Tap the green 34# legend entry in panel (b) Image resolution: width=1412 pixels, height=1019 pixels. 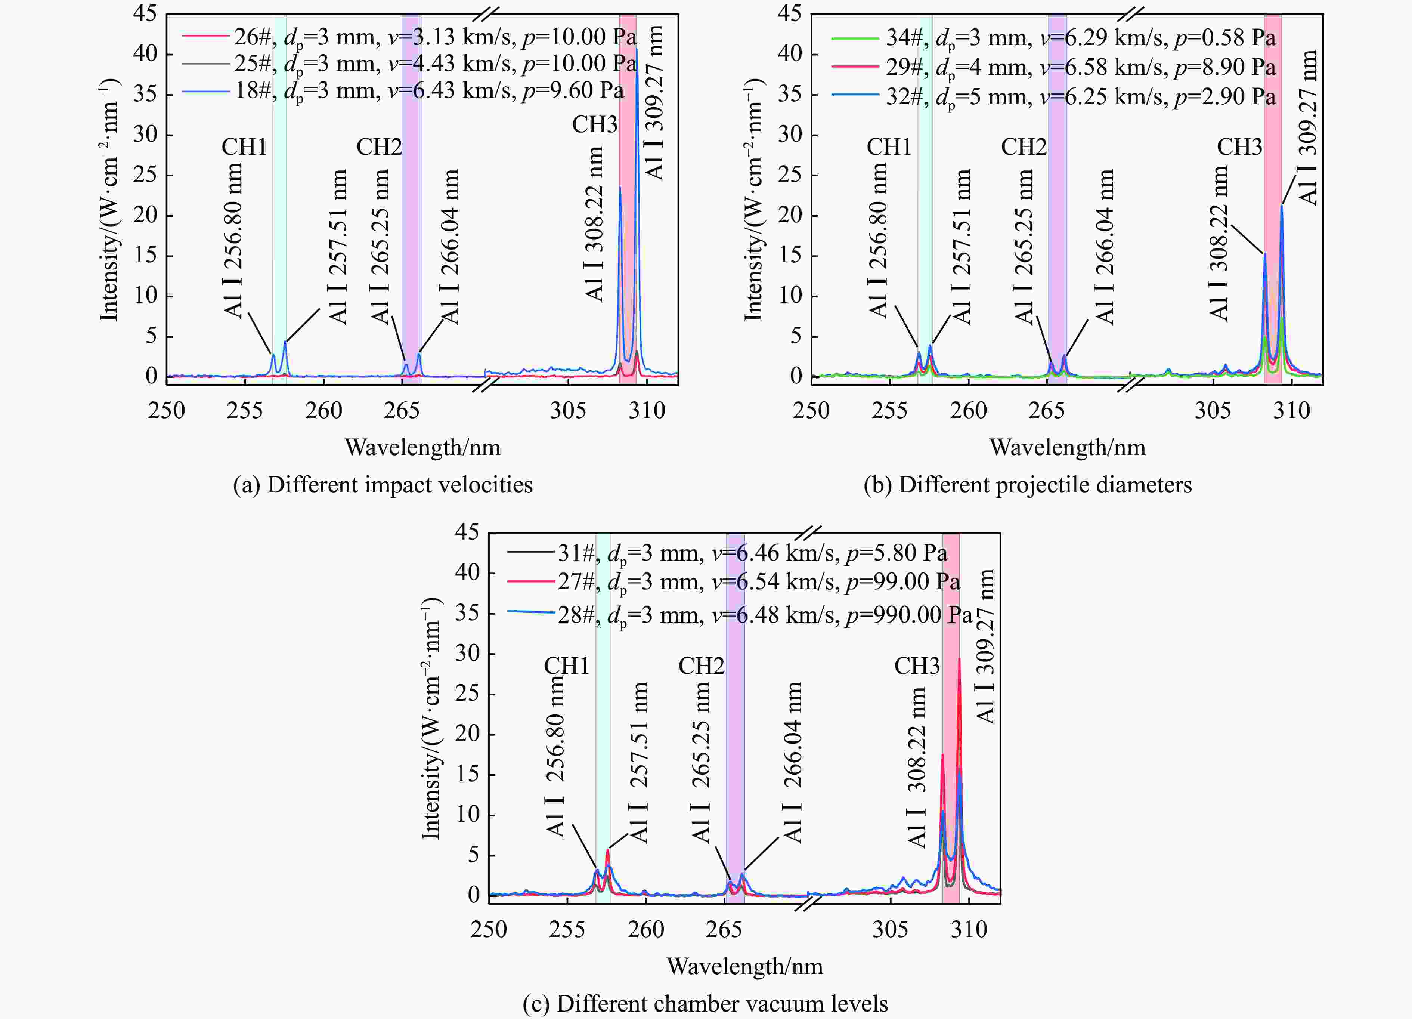coord(1052,38)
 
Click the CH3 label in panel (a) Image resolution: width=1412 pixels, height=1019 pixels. coord(595,124)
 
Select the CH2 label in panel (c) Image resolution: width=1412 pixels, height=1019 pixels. coord(701,666)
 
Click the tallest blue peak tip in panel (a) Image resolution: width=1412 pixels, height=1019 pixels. coord(636,50)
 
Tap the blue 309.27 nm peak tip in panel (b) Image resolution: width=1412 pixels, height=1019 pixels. coord(1281,206)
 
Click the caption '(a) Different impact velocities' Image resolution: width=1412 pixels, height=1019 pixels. coord(382,485)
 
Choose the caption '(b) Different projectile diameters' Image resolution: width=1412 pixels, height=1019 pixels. coord(1027,485)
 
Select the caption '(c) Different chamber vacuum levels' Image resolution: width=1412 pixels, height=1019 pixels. coord(705,1003)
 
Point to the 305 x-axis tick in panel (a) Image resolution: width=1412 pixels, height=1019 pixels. coord(568,410)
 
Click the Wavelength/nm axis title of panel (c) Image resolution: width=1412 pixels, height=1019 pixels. coord(744,966)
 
